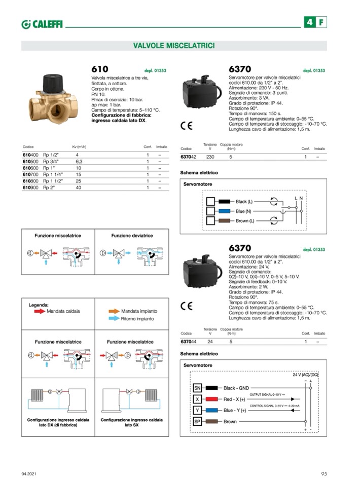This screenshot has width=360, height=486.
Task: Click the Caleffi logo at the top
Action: (x=42, y=24)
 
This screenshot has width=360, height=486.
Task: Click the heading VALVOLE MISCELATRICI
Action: (x=174, y=46)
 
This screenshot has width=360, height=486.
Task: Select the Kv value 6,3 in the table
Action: (x=79, y=161)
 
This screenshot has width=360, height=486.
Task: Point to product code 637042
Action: (x=188, y=158)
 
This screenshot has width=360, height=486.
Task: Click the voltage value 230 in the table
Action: (x=210, y=158)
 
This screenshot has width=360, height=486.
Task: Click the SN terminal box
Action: (x=198, y=388)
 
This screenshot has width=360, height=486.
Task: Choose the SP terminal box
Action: (x=198, y=422)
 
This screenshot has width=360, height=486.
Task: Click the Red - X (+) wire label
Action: (x=234, y=399)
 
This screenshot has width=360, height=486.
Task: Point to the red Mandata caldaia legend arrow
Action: (x=40, y=311)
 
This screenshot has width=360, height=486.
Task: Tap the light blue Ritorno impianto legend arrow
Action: (x=114, y=319)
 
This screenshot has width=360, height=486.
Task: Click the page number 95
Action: (x=323, y=474)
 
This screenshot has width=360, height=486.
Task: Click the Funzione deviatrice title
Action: (x=132, y=236)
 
